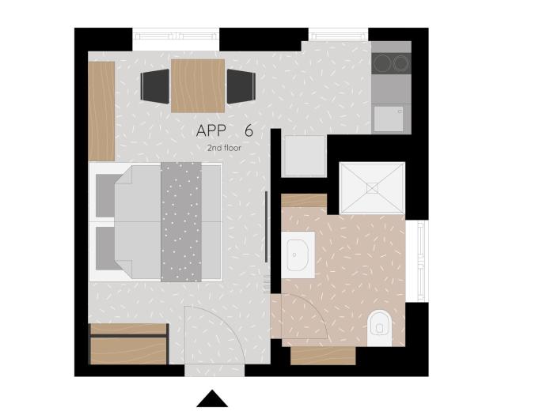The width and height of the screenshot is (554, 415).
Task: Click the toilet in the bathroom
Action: pyautogui.click(x=379, y=328)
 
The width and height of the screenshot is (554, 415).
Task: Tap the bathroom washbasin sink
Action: pyautogui.click(x=298, y=255)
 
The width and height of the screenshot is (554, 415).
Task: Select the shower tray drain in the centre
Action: pyautogui.click(x=372, y=188)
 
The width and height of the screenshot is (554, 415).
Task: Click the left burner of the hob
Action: pyautogui.click(x=382, y=63)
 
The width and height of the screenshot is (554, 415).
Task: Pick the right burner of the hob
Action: pyautogui.click(x=401, y=63)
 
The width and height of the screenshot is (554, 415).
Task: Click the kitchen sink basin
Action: pyautogui.click(x=389, y=119)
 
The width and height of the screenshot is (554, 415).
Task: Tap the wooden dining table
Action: pyautogui.click(x=198, y=85)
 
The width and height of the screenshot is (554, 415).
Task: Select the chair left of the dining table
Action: pyautogui.click(x=155, y=86)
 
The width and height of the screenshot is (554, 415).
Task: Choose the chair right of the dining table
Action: pyautogui.click(x=241, y=86)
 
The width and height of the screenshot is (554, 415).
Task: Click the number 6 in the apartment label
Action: pyautogui.click(x=249, y=131)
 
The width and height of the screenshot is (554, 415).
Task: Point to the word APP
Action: pyautogui.click(x=211, y=131)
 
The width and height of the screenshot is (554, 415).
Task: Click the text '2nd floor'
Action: pyautogui.click(x=224, y=148)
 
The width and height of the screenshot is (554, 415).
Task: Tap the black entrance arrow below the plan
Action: pyautogui.click(x=212, y=398)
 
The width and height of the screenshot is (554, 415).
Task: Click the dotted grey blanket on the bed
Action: pyautogui.click(x=181, y=222)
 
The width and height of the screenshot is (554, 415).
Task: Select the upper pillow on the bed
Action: pyautogui.click(x=105, y=196)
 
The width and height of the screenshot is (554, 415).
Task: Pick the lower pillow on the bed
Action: pyautogui.click(x=105, y=248)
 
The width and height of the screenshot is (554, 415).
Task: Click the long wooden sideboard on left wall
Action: pyautogui.click(x=101, y=111)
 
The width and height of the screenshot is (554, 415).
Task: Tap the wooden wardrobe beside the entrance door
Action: pyautogui.click(x=128, y=344)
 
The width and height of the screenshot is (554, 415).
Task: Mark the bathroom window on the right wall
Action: pyautogui.click(x=420, y=261)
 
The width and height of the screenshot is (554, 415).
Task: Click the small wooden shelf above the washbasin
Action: pyautogui.click(x=304, y=201)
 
